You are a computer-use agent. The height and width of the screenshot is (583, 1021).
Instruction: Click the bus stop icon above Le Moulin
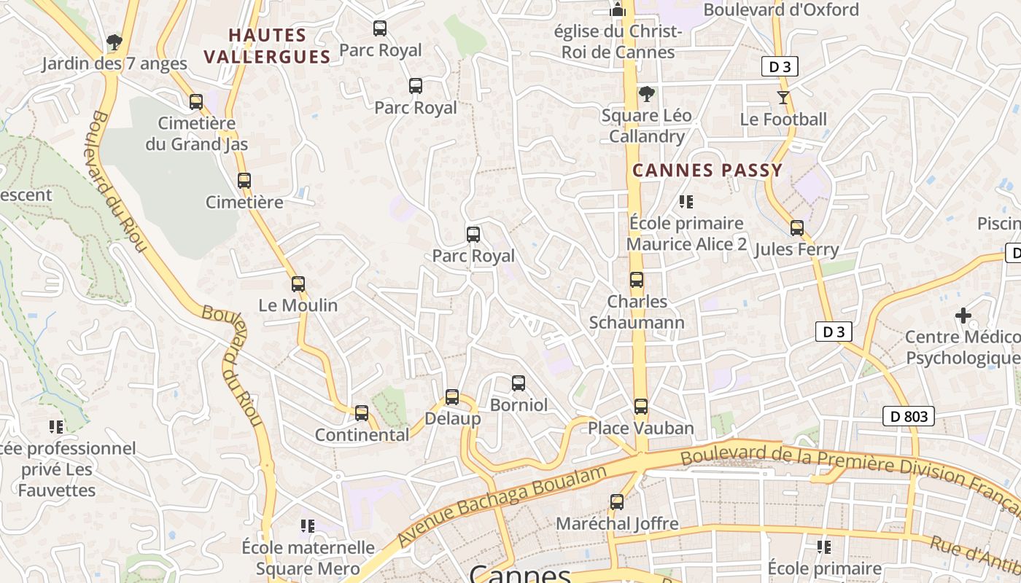[x=298, y=284]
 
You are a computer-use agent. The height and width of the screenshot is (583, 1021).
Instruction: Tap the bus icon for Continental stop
[x=362, y=413]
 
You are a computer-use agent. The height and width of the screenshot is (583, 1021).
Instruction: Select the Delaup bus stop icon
[x=452, y=397]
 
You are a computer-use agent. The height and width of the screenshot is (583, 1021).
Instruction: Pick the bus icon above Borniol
[x=519, y=383]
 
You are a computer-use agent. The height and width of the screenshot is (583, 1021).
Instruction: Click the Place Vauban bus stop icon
[x=640, y=407]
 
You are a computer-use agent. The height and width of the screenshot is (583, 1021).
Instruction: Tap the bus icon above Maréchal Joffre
[x=617, y=502]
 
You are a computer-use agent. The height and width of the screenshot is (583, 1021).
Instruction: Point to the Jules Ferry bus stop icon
[x=796, y=228]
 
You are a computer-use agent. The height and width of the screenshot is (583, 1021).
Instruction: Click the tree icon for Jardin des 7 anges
[x=114, y=42]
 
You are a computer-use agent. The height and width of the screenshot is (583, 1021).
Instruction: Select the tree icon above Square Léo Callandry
[x=646, y=94]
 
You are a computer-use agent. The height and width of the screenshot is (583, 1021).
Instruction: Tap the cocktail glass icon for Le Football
[x=783, y=98]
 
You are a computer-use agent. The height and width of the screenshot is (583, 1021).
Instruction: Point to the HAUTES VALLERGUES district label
[x=267, y=46]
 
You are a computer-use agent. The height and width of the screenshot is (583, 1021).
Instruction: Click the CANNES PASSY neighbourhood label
[x=707, y=171]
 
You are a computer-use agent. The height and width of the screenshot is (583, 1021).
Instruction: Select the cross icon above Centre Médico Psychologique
[x=963, y=316]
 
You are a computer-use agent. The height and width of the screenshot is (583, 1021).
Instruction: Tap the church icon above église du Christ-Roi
[x=618, y=10]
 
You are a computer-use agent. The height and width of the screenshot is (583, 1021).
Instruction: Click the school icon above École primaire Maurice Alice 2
[x=686, y=202]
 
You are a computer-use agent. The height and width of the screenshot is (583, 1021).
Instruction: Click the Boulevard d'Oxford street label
[x=781, y=10]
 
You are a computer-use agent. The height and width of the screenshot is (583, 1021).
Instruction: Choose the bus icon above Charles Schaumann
[x=637, y=280]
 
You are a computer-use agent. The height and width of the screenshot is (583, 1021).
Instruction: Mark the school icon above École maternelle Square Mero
[x=308, y=526]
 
